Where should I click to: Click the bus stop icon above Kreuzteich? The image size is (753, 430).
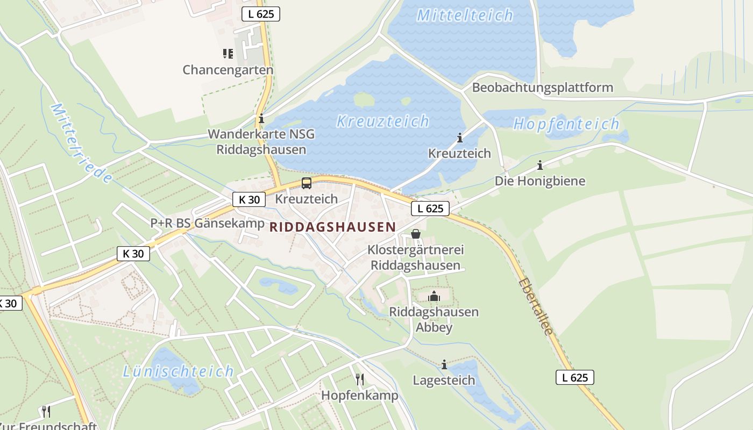coord(307,183)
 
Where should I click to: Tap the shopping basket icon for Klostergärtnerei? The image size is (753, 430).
coord(415,234)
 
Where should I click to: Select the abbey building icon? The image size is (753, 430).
coord(434,296)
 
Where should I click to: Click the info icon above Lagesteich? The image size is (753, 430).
coord(444,365)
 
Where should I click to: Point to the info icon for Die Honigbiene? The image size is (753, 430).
coord(539,166)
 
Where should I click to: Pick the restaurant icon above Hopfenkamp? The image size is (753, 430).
coord(360,379)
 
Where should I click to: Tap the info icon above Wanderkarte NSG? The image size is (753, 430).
coord(261,119)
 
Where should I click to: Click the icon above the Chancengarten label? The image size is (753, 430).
coord(228,54)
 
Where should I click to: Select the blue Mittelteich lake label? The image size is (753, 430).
coord(465,15)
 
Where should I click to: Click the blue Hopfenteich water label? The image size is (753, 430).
coord(566,124)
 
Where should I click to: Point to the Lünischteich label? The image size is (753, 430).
coord(178,371)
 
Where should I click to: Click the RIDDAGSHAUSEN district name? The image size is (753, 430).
coord(332,227)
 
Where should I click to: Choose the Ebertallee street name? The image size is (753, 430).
coord(536,306)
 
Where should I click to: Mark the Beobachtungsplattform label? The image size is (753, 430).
coord(542,88)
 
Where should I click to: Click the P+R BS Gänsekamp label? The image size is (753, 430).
coord(207,223)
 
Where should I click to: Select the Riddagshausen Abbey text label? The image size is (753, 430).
coord(434,319)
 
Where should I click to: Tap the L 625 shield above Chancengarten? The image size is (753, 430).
coord(261,14)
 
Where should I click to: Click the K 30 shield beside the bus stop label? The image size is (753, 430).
coord(249,199)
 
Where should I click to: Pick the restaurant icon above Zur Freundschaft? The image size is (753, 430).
coord(46,412)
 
